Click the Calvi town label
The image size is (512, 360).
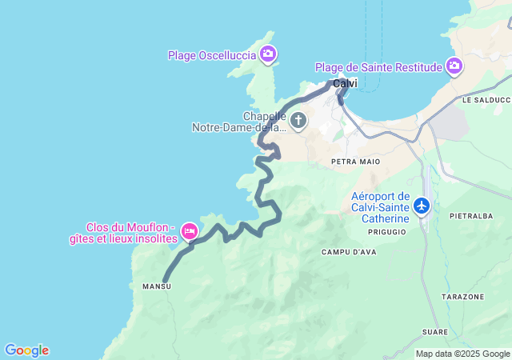tap(345, 83)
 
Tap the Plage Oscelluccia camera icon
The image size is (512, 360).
tap(268, 55)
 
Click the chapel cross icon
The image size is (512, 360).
tap(298, 122)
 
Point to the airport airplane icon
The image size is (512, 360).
tap(422, 206)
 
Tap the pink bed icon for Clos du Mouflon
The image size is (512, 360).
tap(190, 232)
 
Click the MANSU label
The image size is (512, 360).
tap(156, 286)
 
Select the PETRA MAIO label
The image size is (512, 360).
tap(355, 162)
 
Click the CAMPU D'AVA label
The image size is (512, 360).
tap(348, 253)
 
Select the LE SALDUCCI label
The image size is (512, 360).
tap(486, 101)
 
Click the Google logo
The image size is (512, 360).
tap(26, 350)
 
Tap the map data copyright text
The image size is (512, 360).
tap(462, 354)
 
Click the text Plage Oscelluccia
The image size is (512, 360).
tap(212, 55)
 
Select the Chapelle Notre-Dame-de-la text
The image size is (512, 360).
tap(239, 122)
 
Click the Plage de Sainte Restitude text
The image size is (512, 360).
tap(378, 67)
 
